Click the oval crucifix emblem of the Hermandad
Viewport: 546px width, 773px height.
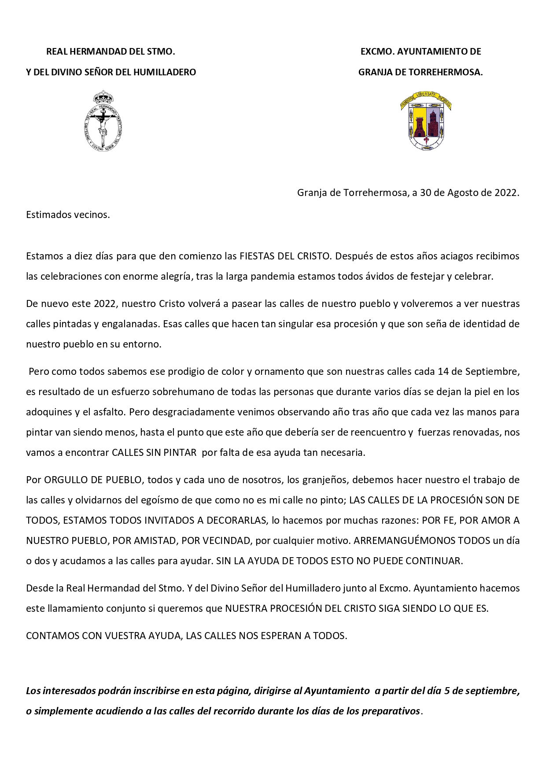tap(103, 123)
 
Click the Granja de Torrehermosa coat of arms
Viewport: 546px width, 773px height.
tap(426, 124)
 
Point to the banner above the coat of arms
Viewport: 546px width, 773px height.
tap(426, 99)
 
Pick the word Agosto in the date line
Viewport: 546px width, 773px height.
tap(462, 192)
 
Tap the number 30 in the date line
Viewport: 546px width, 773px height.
tap(425, 192)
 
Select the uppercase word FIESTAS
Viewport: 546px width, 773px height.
tap(257, 256)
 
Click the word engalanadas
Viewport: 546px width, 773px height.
tap(131, 324)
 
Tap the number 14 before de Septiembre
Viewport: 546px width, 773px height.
tap(443, 371)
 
